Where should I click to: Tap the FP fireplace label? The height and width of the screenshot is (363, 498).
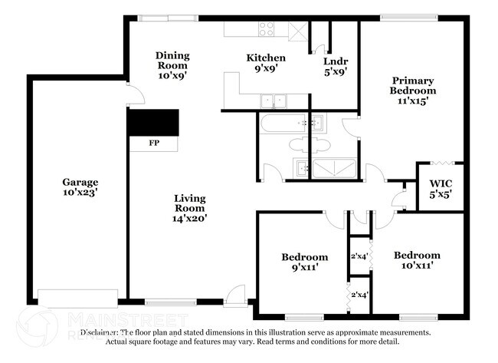coord(154,143)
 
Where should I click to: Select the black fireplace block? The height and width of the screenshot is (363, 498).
coord(153,122)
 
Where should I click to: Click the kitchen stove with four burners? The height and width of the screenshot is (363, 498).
coord(267,29)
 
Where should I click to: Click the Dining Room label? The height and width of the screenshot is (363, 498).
coord(172,61)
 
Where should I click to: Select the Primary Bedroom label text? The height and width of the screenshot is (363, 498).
coord(414,85)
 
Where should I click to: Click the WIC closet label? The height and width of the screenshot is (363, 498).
coord(441,184)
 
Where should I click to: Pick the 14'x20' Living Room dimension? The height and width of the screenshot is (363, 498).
coord(190,218)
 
